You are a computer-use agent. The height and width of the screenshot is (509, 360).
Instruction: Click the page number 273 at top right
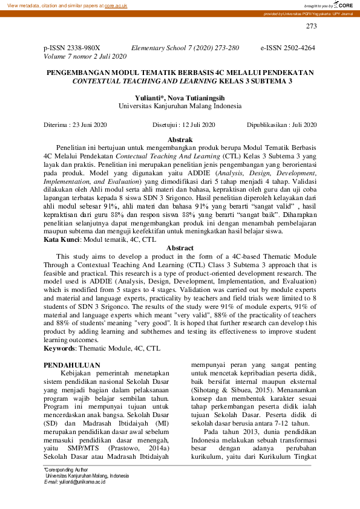click(x=311, y=26)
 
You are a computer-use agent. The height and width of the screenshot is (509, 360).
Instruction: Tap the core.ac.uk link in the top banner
click(x=116, y=5)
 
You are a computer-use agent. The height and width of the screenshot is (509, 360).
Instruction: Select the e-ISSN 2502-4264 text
click(x=288, y=47)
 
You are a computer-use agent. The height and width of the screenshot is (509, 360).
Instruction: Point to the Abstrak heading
click(x=180, y=140)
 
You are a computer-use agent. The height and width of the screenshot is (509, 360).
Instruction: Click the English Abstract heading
click(x=180, y=248)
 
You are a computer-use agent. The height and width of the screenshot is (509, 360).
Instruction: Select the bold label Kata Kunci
click(x=62, y=240)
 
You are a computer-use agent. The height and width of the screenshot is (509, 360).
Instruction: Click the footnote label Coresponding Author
click(x=67, y=469)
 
